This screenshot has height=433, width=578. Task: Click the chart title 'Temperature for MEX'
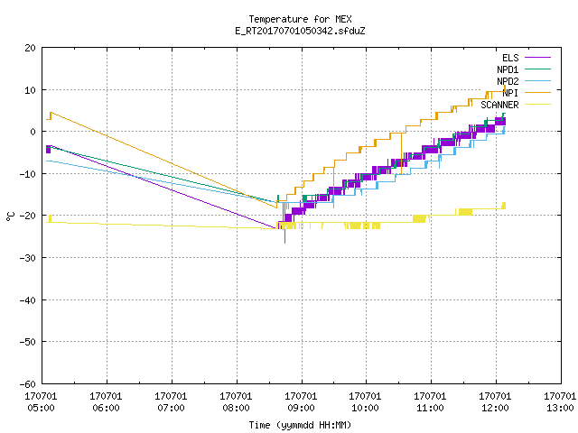click(300, 19)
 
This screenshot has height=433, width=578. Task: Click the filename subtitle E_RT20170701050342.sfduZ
click(300, 31)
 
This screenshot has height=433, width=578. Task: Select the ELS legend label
click(510, 58)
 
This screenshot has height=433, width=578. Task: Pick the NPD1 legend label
click(508, 69)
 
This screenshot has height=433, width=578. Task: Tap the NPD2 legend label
click(508, 81)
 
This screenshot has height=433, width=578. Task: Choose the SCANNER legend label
click(499, 105)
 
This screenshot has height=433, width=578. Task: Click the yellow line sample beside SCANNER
click(537, 105)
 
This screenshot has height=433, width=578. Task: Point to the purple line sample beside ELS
click(537, 58)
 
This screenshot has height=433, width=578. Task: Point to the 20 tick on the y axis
click(30, 48)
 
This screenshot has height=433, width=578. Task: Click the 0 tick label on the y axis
click(33, 132)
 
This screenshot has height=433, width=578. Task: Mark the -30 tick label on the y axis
click(28, 258)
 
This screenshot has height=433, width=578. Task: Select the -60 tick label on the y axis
click(28, 384)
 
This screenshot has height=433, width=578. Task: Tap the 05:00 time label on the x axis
click(41, 408)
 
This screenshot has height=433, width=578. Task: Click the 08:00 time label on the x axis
click(236, 408)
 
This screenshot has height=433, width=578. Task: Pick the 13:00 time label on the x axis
click(560, 408)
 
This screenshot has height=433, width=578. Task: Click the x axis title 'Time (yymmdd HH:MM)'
click(300, 425)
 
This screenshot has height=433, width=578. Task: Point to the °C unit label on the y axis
click(10, 216)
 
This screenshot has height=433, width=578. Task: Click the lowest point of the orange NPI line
click(276, 208)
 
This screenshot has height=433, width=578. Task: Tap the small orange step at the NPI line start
click(49, 116)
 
